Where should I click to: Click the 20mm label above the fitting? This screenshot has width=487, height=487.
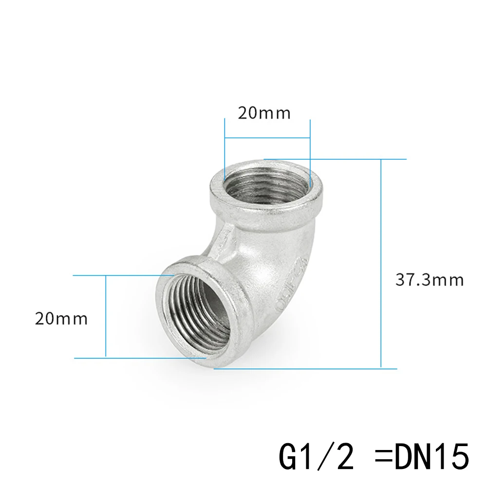(264, 113)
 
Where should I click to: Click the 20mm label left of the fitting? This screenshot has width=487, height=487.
(61, 319)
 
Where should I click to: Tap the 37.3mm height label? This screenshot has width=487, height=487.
(429, 281)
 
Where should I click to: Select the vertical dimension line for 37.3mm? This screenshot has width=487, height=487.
(381, 263)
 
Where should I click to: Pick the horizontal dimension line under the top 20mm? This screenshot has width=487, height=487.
(267, 138)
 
